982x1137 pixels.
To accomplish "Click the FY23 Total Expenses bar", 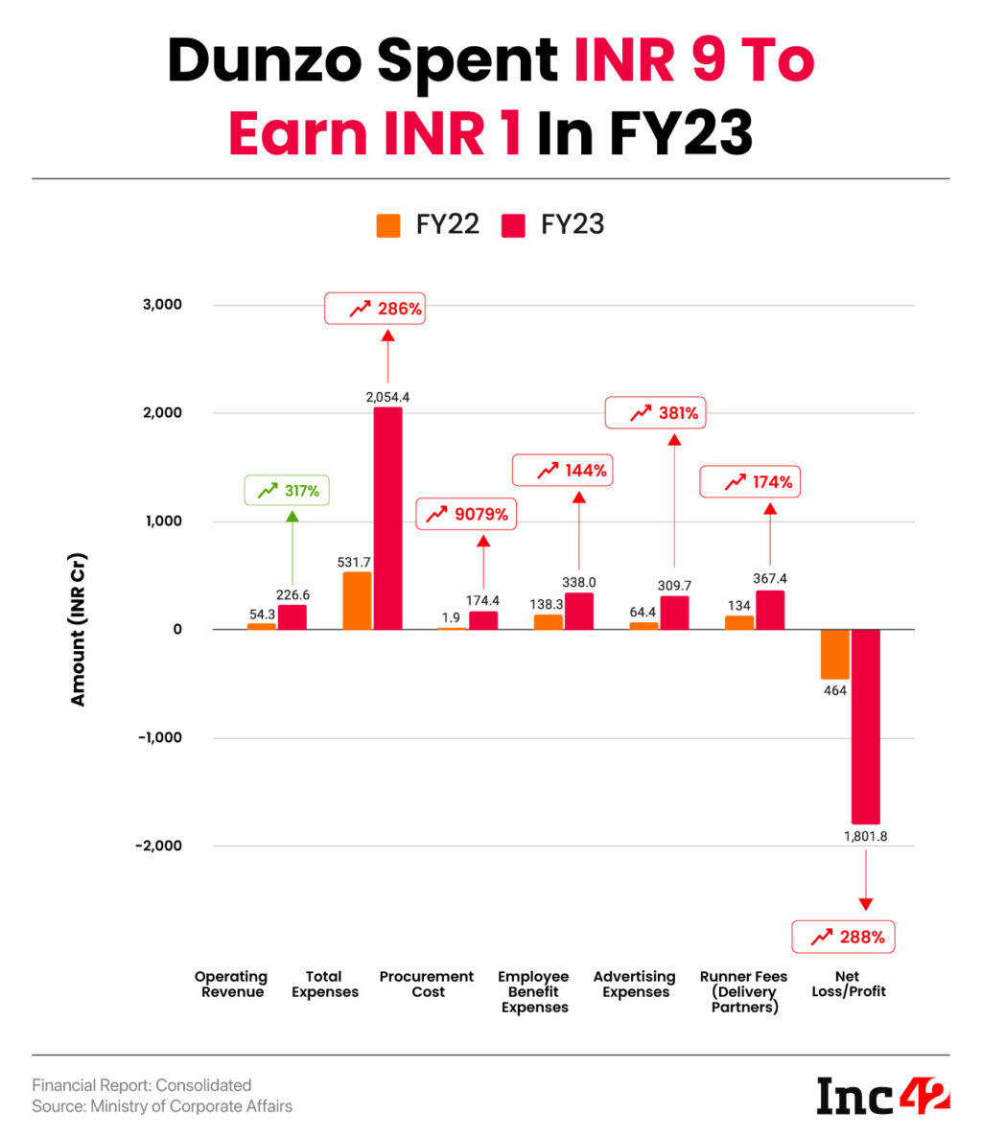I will click(387, 518).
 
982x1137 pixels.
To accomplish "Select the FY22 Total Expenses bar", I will click(357, 600).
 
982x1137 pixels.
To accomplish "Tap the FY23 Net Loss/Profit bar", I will click(865, 726).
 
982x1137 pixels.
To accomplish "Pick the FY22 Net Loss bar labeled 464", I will click(834, 654).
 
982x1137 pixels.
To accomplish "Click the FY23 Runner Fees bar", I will click(770, 610).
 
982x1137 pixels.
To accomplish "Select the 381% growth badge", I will click(664, 414).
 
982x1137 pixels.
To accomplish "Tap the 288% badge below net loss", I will click(843, 937).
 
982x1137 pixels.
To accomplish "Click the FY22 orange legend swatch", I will click(388, 225).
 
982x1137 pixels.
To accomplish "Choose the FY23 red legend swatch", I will click(514, 225).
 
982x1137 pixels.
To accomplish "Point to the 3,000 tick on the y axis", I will click(162, 305).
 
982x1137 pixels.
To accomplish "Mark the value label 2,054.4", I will click(387, 396).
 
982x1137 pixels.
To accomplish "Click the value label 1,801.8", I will click(865, 836).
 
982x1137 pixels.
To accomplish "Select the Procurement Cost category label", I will click(427, 984).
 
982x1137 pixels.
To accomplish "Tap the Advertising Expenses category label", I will click(635, 984).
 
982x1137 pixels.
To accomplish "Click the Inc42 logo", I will click(882, 1095).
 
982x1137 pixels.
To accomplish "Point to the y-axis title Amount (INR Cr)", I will click(78, 630).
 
